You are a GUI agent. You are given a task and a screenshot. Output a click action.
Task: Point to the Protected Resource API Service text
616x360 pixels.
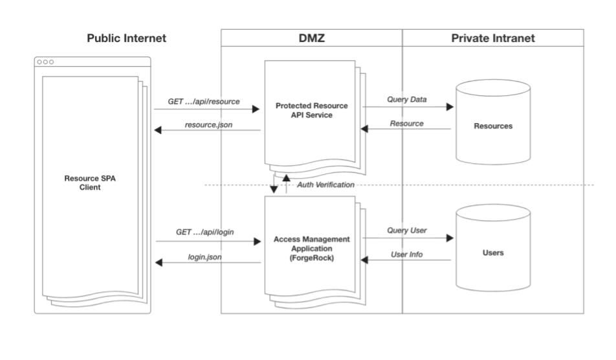tap(311, 110)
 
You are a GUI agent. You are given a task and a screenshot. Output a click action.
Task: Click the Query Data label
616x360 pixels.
tap(407, 99)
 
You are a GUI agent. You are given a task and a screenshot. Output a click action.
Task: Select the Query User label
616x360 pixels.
tap(407, 230)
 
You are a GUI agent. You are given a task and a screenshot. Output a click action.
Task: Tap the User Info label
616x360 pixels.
tap(407, 254)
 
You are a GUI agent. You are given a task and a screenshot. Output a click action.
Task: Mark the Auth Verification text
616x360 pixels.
tap(325, 185)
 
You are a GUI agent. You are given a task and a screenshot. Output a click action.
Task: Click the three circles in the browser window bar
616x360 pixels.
tap(45, 62)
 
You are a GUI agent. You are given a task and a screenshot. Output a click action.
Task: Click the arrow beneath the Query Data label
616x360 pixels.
tap(407, 107)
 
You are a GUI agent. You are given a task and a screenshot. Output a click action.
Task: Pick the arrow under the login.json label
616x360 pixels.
tap(207, 262)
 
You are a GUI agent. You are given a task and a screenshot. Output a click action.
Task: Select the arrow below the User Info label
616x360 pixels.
tap(407, 261)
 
